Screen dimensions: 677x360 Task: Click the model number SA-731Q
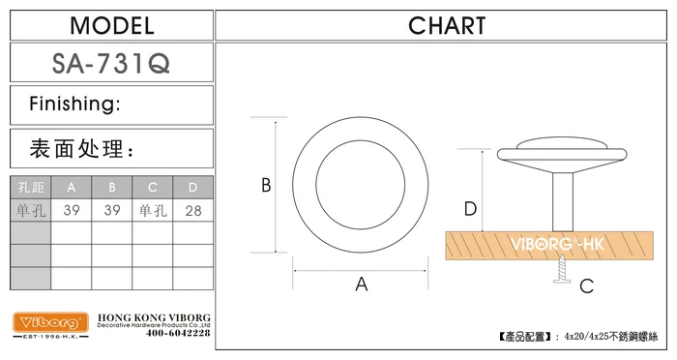click(111, 64)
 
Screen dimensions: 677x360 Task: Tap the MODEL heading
click(112, 26)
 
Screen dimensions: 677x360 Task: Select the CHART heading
click(447, 26)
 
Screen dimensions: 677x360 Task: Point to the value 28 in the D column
click(193, 211)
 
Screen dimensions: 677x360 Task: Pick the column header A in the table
click(72, 187)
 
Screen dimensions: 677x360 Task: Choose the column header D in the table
click(193, 187)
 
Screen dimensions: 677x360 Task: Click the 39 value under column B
click(112, 210)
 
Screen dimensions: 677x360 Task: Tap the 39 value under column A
click(72, 210)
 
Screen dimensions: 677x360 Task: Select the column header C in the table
click(153, 187)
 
